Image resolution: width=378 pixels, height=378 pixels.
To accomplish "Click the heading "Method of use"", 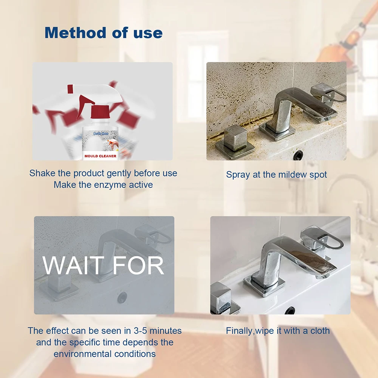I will point(104,33).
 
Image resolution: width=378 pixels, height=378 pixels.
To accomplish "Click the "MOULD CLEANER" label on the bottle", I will point(101,155).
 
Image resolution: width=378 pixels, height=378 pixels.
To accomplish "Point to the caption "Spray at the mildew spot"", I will point(276,175).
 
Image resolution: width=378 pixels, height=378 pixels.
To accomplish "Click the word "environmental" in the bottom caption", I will point(83,354).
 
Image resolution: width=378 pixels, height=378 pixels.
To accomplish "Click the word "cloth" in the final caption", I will point(319,331).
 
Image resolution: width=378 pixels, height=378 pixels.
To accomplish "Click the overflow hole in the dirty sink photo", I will point(298,154).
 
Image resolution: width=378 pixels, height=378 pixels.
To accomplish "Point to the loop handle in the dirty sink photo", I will point(328,94).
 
